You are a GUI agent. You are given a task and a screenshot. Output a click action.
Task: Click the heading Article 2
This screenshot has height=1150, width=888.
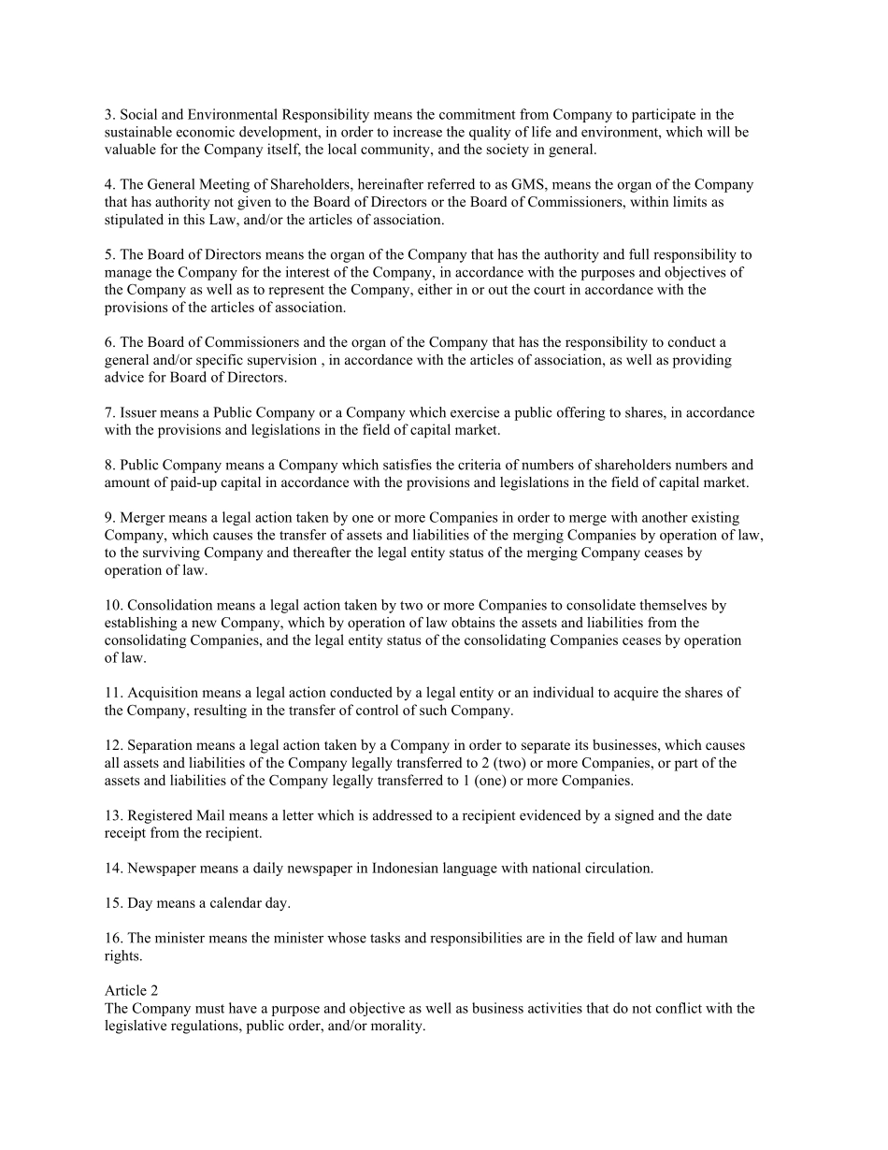pos(130,991)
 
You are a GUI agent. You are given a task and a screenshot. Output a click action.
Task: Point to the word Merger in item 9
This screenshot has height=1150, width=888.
pos(141,517)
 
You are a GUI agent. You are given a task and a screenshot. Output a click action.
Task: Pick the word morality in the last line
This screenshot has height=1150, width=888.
pos(397,1026)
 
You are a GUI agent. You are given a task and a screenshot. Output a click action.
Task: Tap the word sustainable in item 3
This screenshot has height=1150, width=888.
pos(137,133)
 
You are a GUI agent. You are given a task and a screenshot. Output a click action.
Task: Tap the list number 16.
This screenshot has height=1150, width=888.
pos(112,938)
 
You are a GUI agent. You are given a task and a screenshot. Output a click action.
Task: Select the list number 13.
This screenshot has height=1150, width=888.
pos(112,816)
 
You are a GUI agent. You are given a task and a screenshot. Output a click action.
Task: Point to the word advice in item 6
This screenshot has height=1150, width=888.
pos(126,378)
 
